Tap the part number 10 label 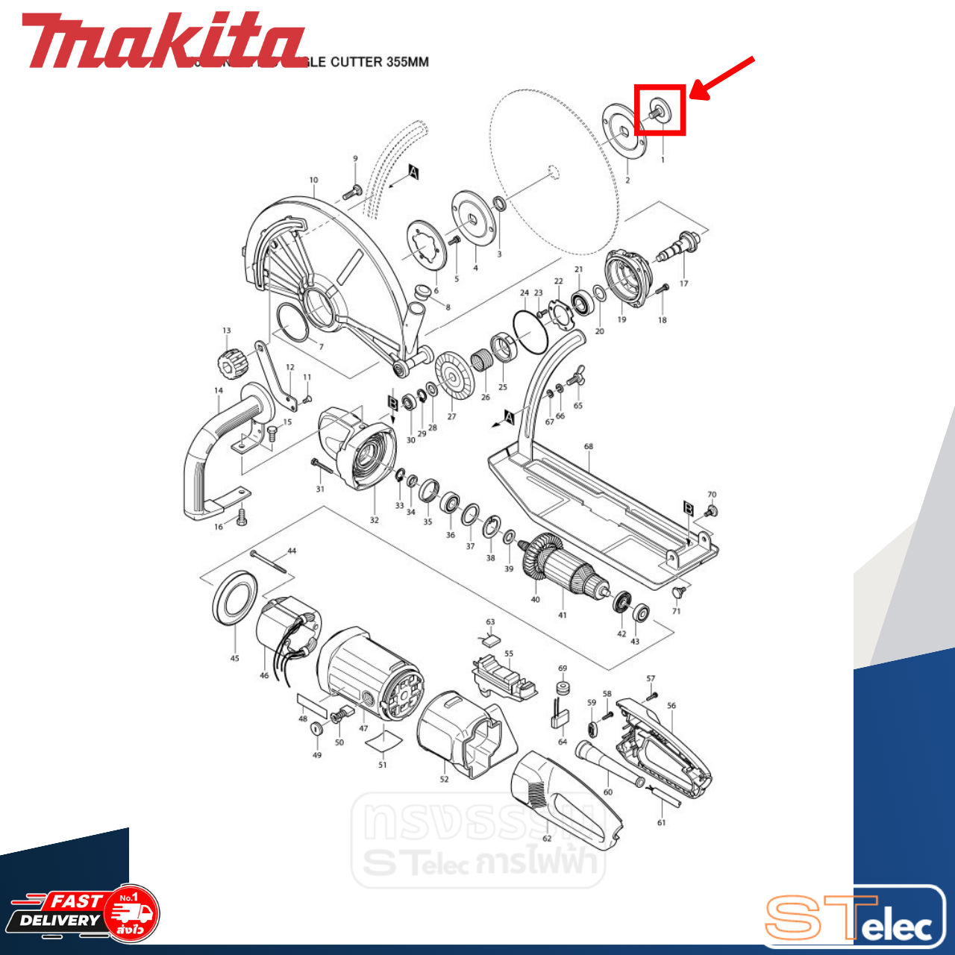pos(313,180)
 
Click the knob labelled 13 pos(228,365)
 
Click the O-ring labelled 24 pos(530,331)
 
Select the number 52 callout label pos(444,779)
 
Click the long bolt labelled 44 pos(269,562)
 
